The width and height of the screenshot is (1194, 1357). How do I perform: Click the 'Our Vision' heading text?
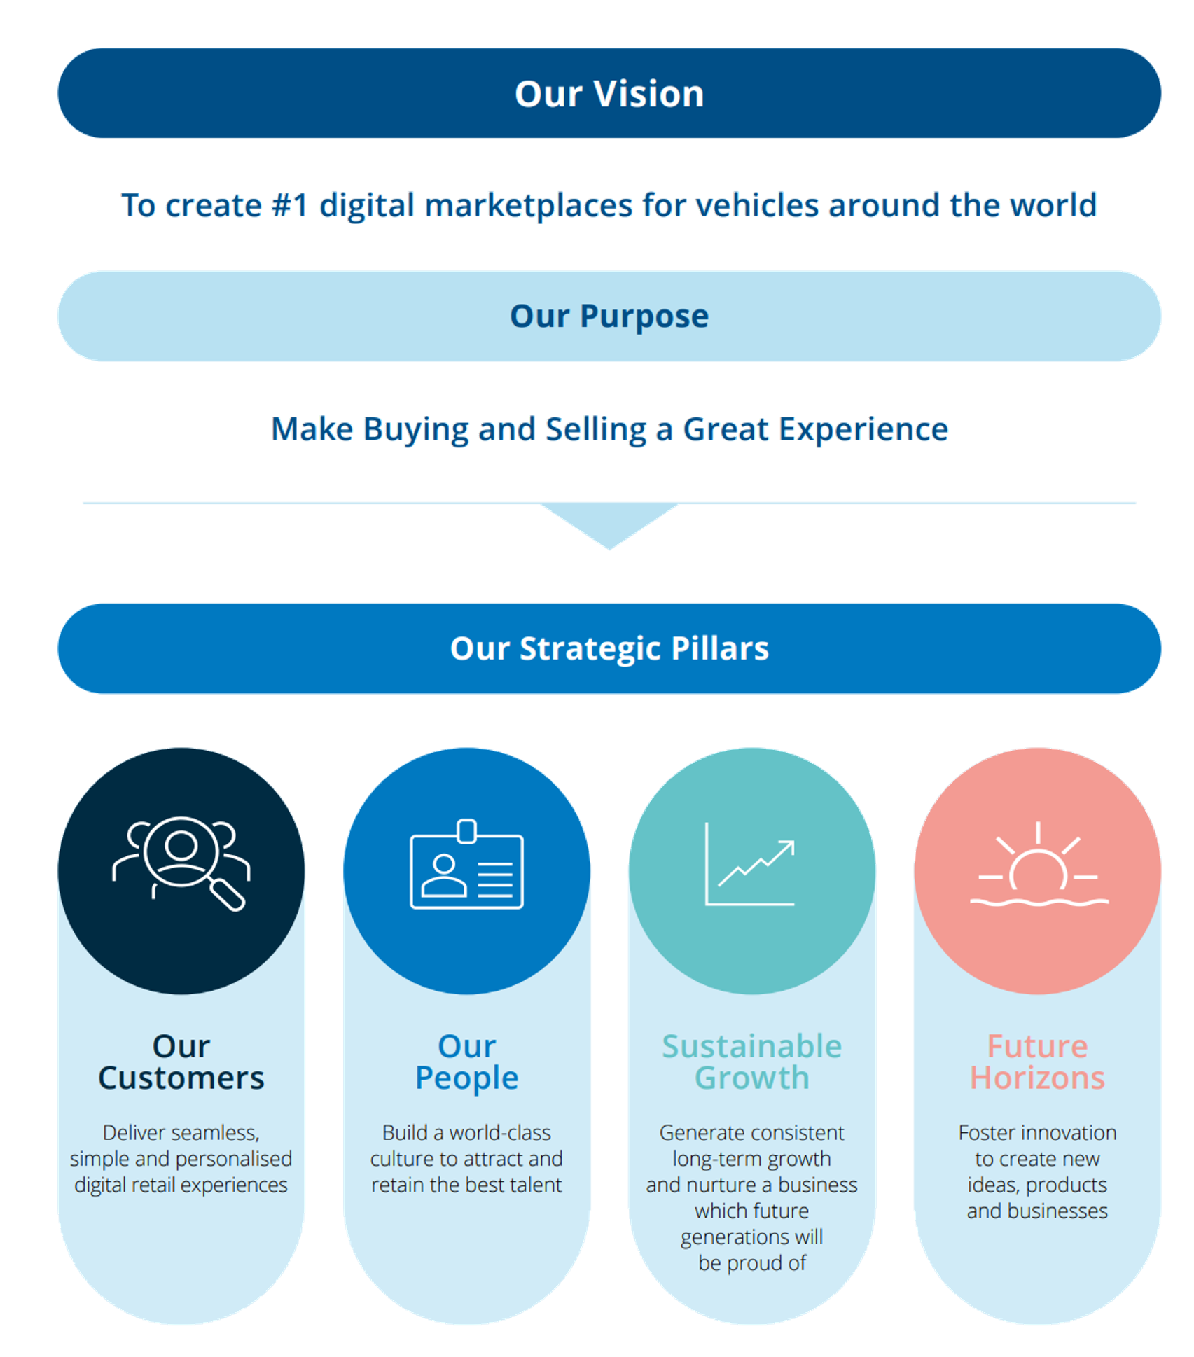609,94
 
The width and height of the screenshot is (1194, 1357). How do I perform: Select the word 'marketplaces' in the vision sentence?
529,206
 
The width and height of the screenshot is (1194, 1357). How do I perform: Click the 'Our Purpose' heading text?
609,316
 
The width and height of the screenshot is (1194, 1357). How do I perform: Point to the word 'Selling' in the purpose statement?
596,429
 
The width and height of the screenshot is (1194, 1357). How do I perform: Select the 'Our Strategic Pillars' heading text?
609,648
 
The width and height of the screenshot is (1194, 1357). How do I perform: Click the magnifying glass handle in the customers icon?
228,896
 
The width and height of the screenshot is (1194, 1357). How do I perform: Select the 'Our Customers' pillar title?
181,1062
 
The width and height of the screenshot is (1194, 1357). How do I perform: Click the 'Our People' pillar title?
466,1062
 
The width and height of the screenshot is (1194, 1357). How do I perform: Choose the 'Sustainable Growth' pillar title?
752,1062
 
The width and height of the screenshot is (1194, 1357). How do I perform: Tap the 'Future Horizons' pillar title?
1037,1062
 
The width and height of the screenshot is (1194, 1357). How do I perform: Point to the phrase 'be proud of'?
752,1263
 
